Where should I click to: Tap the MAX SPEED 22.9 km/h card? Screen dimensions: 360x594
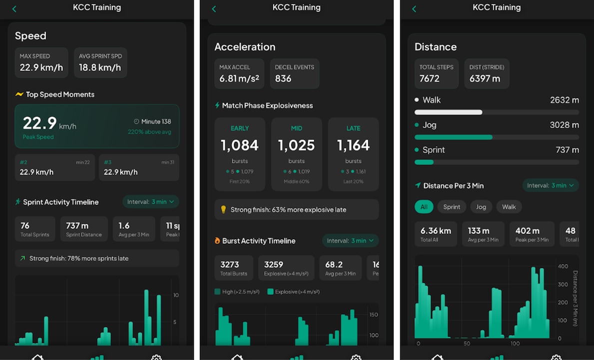(x=41, y=62)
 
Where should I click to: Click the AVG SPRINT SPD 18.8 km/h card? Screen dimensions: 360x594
(x=100, y=62)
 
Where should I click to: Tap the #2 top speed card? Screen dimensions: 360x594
(x=54, y=167)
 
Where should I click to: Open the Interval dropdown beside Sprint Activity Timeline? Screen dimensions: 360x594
(x=150, y=202)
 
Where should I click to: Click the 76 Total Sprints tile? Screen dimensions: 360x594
(x=34, y=229)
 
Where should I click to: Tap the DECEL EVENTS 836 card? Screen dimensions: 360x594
(x=294, y=73)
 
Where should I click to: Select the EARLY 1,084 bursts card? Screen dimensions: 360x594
(x=240, y=154)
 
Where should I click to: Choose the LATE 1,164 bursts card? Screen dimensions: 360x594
(x=353, y=154)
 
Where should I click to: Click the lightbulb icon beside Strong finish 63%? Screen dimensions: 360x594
(x=223, y=210)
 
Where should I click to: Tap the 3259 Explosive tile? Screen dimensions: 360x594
(x=286, y=268)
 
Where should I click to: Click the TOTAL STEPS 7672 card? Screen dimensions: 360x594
(x=436, y=73)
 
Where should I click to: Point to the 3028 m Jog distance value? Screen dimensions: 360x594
(x=564, y=125)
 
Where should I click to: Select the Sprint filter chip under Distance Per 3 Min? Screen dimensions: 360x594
(x=452, y=207)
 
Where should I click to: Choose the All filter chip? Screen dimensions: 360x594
(x=424, y=207)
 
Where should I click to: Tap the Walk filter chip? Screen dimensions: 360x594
(x=509, y=207)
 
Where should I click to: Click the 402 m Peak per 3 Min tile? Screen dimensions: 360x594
(x=532, y=234)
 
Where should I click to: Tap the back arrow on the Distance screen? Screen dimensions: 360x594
(x=414, y=8)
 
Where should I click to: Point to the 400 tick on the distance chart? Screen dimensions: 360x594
(x=563, y=266)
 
